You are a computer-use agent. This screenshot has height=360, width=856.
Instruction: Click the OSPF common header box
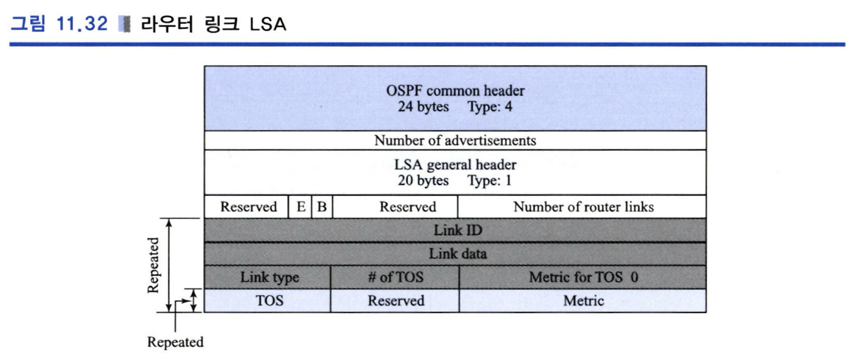(x=455, y=98)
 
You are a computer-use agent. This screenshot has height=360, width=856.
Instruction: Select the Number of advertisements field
(x=455, y=140)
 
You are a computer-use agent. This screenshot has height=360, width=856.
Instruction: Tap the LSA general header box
(x=455, y=172)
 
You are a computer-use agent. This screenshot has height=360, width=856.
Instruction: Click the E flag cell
(x=300, y=207)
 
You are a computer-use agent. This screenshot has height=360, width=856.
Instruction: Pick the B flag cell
(x=322, y=207)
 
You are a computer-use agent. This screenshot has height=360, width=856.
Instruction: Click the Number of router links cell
(x=582, y=207)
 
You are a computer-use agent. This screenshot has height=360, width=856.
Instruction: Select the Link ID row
(x=455, y=230)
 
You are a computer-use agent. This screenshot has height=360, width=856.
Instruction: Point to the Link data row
(x=455, y=254)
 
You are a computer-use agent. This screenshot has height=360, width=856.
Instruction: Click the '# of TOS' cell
(x=395, y=277)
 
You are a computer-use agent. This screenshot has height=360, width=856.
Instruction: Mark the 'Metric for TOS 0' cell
(x=583, y=277)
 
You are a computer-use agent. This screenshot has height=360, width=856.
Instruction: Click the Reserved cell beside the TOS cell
(x=395, y=301)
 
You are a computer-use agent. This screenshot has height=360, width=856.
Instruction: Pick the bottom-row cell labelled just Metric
(x=583, y=301)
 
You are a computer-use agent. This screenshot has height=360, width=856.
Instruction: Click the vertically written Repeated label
(x=153, y=265)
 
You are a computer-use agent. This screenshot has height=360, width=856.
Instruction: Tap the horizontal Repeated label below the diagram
(x=176, y=342)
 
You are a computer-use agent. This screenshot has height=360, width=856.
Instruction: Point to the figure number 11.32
(x=82, y=24)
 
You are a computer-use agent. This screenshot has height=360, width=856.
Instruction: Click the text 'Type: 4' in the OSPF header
(x=490, y=107)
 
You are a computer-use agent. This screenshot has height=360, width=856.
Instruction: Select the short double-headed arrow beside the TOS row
(x=194, y=300)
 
